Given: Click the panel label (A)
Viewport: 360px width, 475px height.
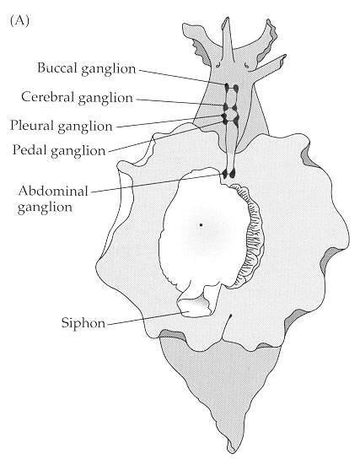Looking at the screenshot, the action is tap(19, 21).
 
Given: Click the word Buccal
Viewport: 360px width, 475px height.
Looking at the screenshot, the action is tap(57, 67).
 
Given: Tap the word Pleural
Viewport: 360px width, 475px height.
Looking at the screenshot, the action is tap(32, 126).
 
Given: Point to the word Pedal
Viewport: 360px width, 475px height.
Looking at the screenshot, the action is tap(30, 149).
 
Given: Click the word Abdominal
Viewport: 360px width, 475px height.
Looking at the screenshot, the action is tap(53, 192).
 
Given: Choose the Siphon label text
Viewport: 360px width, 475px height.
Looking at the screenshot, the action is tap(83, 323).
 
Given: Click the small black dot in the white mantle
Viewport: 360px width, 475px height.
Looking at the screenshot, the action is tap(201, 224).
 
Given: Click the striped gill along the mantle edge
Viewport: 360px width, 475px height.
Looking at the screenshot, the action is tap(251, 236).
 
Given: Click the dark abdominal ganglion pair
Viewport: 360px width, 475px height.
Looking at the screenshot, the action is tap(228, 174).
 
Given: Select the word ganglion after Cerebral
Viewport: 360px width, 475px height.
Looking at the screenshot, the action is tap(105, 99).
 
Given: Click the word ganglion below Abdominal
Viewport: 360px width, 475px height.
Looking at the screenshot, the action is tap(45, 208).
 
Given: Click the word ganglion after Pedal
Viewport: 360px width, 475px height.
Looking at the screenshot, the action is tap(78, 151).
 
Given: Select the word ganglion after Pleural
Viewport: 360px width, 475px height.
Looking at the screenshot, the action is tap(85, 127).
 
